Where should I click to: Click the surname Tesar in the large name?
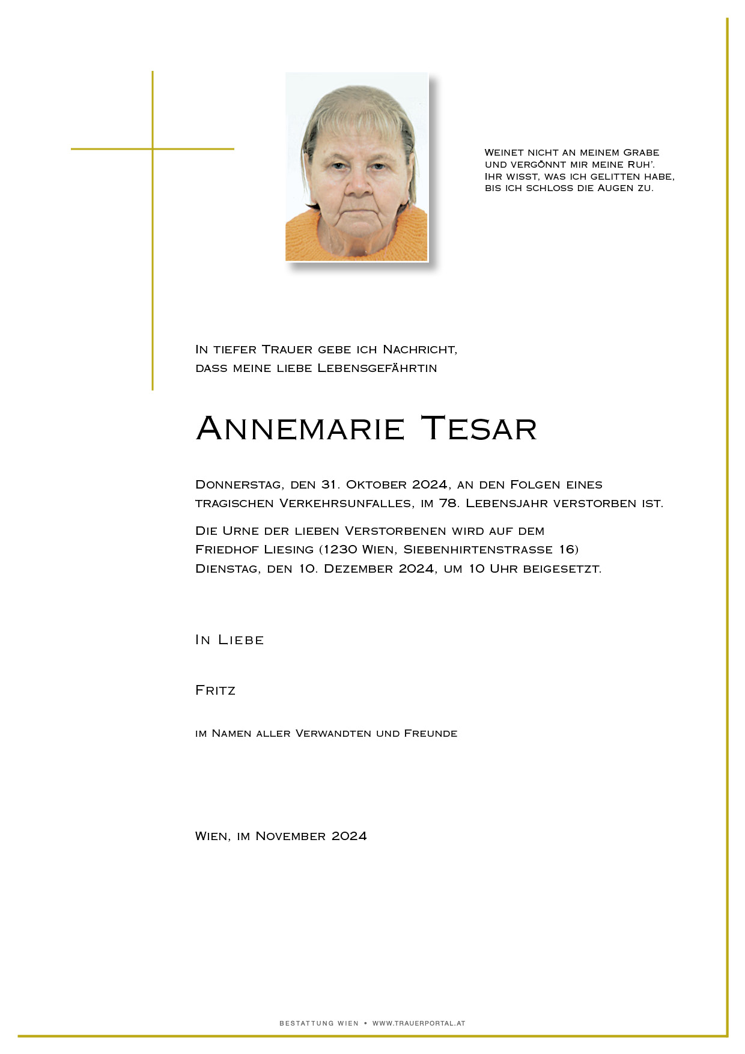click(x=478, y=429)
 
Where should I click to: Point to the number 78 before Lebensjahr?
click(x=448, y=504)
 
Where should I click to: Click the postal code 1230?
click(x=340, y=550)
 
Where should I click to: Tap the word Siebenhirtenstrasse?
click(x=478, y=550)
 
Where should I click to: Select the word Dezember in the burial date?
click(x=358, y=569)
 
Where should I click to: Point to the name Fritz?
click(x=215, y=690)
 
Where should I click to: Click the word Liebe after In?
click(x=241, y=640)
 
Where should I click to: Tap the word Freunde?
click(x=430, y=734)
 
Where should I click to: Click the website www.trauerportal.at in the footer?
click(x=419, y=1023)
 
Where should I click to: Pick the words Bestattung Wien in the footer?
click(x=318, y=1023)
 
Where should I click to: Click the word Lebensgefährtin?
click(x=377, y=368)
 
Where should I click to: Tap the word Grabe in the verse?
click(x=641, y=153)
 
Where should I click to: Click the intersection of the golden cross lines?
click(x=153, y=149)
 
